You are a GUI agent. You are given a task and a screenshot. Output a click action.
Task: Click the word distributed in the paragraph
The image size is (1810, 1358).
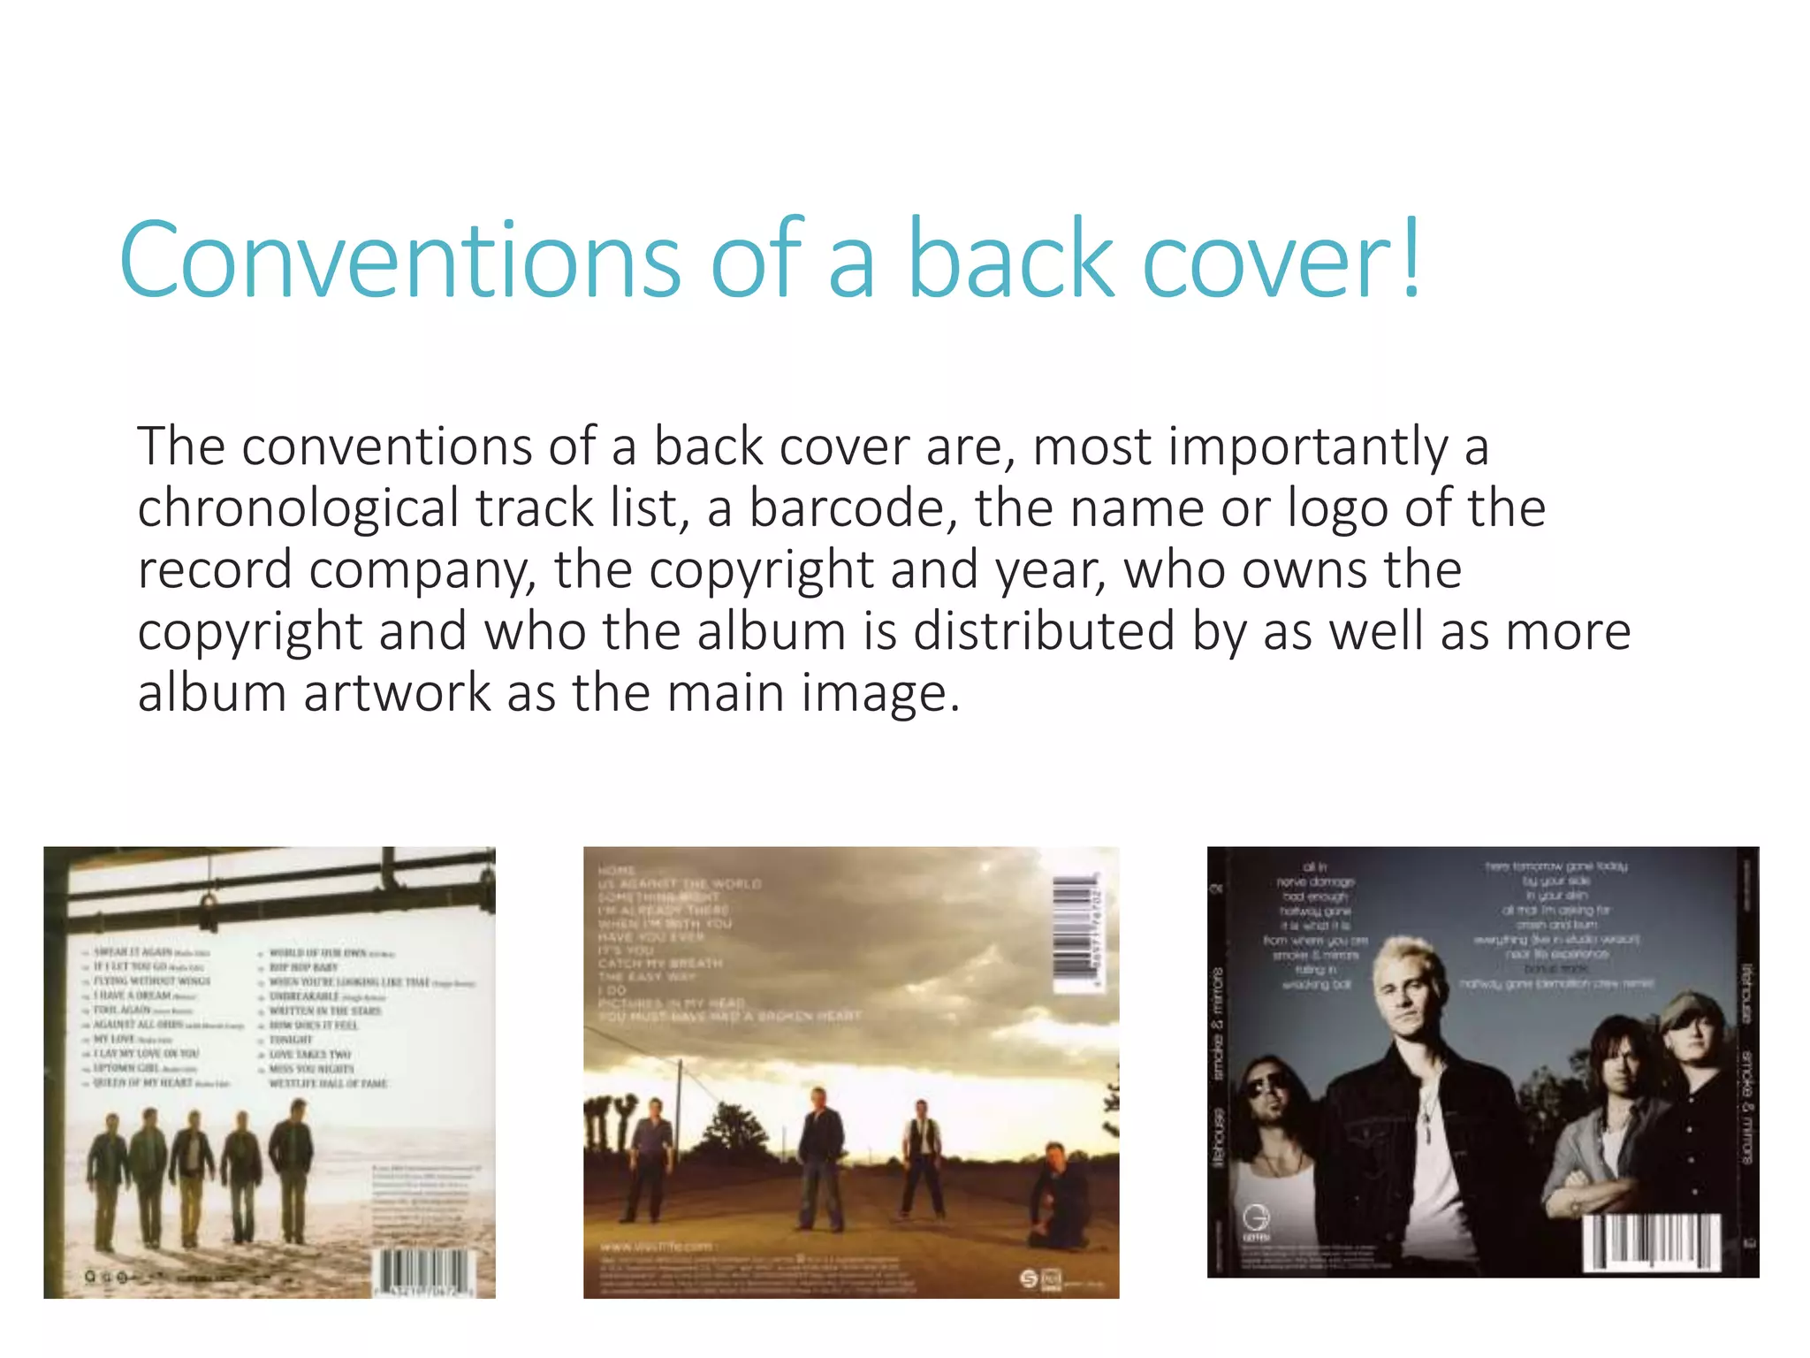tap(1044, 631)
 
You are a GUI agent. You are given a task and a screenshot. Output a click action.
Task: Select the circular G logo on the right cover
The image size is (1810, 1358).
tap(1256, 1219)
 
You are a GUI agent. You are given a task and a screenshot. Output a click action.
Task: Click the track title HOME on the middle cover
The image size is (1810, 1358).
tap(617, 871)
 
